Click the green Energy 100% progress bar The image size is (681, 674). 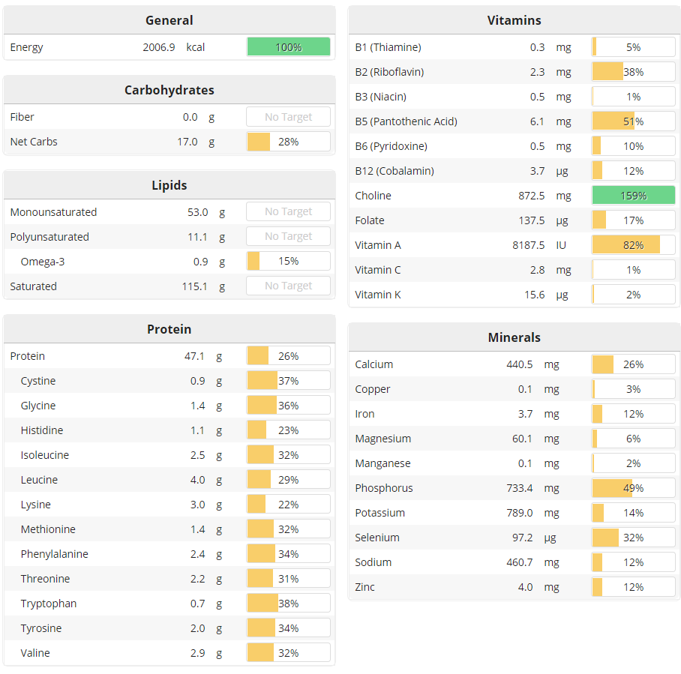pos(289,47)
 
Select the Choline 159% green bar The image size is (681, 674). pos(633,196)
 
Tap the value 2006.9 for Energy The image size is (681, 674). pos(159,47)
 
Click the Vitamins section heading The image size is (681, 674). pos(514,20)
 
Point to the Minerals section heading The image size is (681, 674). pos(514,337)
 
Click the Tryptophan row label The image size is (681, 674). pos(49,604)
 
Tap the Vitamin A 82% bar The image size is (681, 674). pos(633,245)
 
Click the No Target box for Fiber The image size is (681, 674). pos(289,117)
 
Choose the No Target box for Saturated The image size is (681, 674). pos(289,286)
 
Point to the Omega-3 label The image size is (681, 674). pos(43,262)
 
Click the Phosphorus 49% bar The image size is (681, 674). pos(633,488)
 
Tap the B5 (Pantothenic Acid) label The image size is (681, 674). pos(406,121)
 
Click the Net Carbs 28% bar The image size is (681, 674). pos(289,142)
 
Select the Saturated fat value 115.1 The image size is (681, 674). pos(193,286)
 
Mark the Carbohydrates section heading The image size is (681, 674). pos(169,90)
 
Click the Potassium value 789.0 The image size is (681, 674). pos(517,513)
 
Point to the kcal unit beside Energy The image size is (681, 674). pos(196,47)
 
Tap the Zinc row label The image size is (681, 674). pos(364,587)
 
